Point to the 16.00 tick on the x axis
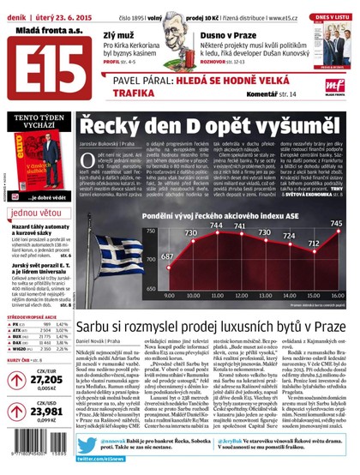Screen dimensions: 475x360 [337, 292]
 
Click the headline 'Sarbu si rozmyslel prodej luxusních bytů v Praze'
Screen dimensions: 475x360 [211, 328]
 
